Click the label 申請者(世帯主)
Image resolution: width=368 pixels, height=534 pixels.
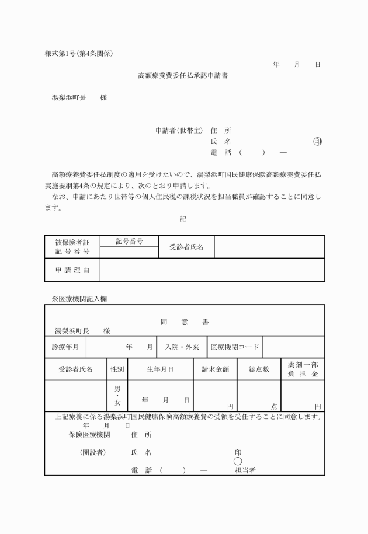[174, 130]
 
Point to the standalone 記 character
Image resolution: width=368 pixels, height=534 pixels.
[183, 218]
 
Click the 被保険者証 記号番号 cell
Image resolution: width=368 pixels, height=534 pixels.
[72, 247]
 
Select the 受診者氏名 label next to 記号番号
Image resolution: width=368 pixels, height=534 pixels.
[186, 247]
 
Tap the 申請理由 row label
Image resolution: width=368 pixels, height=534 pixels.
[72, 270]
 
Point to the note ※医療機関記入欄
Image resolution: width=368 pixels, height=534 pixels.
[79, 298]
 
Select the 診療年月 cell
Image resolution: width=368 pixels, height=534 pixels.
[65, 347]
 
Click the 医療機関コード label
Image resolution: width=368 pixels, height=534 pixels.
[234, 347]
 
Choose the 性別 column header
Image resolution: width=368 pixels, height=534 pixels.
[117, 369]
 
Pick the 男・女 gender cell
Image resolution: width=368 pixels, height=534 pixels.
[117, 395]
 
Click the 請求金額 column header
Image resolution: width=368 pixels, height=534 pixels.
[215, 369]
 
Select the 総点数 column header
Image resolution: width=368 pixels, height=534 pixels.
[259, 369]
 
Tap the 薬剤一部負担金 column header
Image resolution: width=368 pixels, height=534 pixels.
[303, 369]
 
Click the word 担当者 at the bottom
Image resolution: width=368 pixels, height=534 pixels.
[245, 470]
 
